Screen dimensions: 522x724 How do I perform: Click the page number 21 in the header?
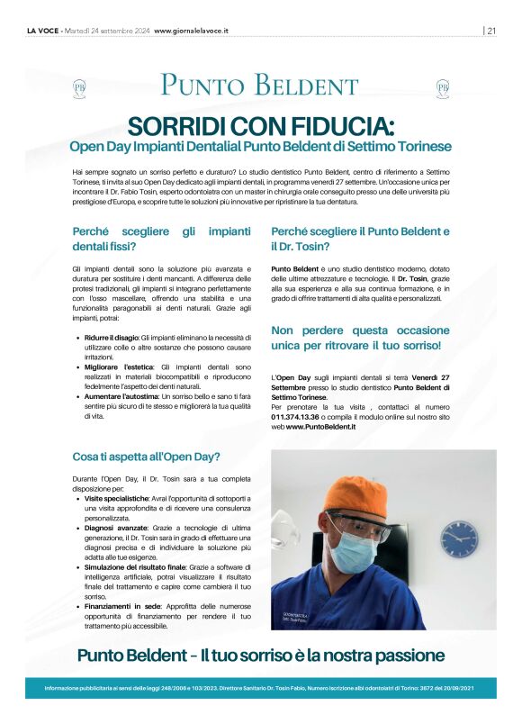[491, 30]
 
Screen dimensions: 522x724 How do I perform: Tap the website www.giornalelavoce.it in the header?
[191, 30]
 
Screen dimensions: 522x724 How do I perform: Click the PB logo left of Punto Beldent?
[79, 87]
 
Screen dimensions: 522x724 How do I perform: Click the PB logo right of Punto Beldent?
[442, 87]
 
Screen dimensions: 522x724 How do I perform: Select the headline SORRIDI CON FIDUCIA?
[260, 125]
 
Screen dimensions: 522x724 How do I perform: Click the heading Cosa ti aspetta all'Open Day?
[146, 456]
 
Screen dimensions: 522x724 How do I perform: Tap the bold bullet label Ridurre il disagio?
[112, 337]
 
